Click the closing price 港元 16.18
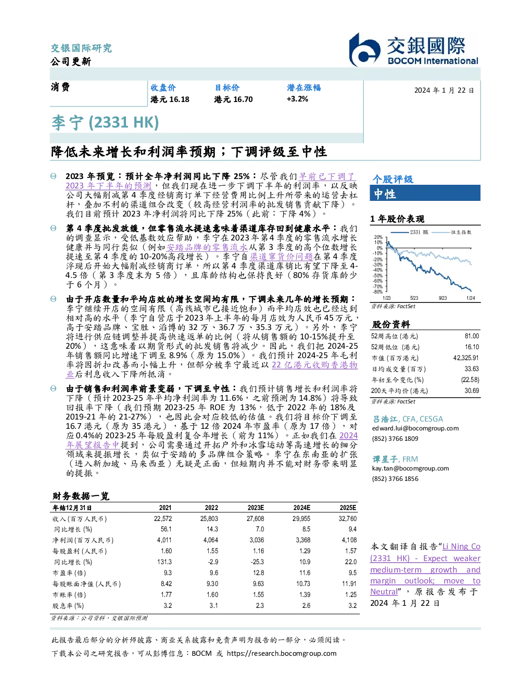click(170, 99)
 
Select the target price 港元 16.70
click(233, 99)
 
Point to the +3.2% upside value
click(297, 99)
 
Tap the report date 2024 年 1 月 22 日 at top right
click(444, 91)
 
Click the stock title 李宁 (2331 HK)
click(105, 123)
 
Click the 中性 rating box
click(425, 193)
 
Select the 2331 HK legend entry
click(409, 232)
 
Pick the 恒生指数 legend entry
click(451, 232)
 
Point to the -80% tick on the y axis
click(378, 292)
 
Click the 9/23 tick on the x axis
click(443, 298)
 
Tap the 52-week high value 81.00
click(472, 336)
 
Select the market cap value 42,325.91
click(466, 358)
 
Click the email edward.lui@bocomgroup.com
click(415, 428)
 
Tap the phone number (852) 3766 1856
click(395, 479)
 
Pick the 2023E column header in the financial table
click(256, 508)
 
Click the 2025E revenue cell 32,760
click(348, 519)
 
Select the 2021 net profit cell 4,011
click(164, 540)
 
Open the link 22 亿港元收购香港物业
click(211, 370)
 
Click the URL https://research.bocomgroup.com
click(282, 654)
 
